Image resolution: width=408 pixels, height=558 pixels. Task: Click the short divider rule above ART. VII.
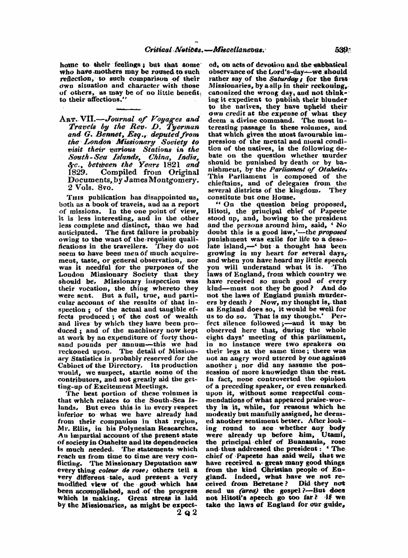coord(129,110)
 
